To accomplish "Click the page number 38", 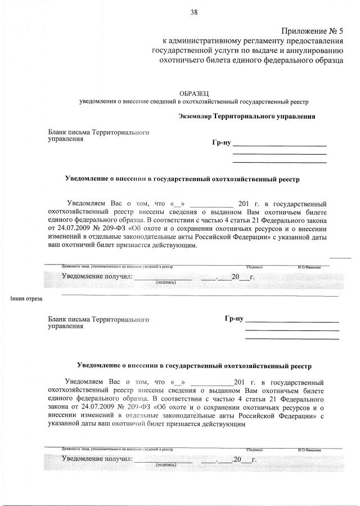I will pyautogui.click(x=194, y=12).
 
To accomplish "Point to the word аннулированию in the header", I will pyautogui.click(x=314, y=50).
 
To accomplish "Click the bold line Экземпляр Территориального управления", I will pyautogui.click(x=246, y=117).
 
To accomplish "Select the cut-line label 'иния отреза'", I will pyautogui.click(x=27, y=298).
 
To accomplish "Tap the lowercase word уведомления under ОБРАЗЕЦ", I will pyautogui.click(x=100, y=101).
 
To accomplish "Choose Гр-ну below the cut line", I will pyautogui.click(x=233, y=319).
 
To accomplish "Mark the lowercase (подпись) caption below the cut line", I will pyautogui.click(x=166, y=465).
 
